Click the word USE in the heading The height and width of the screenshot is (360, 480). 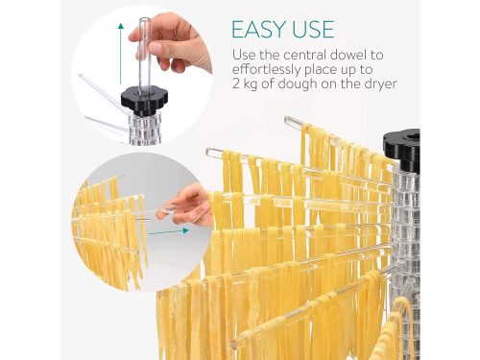click(310, 29)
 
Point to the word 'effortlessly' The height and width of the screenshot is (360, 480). click(266, 70)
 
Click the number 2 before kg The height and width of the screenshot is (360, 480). click(236, 84)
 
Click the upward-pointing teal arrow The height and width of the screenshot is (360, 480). click(121, 54)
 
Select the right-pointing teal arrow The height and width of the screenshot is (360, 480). click(169, 231)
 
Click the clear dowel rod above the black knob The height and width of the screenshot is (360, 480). click(145, 55)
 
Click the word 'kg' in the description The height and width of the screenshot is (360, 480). click(251, 85)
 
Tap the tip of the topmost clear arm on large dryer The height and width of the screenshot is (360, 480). click(287, 120)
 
